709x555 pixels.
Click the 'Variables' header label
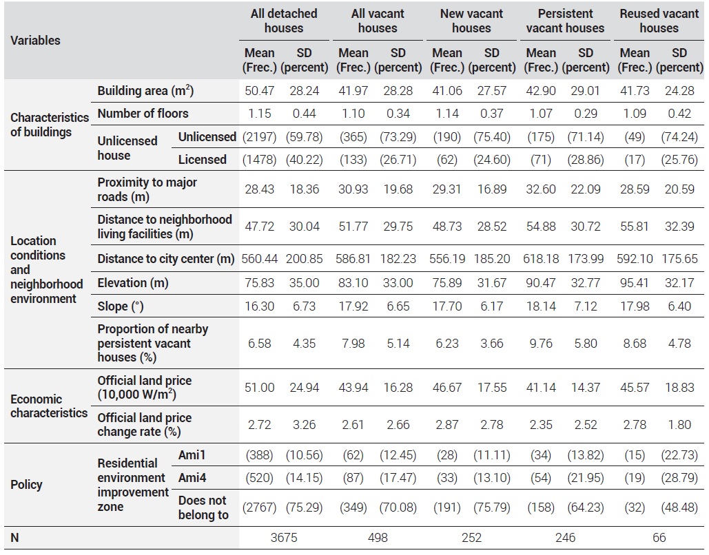(35, 40)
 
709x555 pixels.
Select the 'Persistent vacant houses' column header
(565, 21)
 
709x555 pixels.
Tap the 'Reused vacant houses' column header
(659, 21)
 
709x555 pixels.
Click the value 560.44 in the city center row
(260, 259)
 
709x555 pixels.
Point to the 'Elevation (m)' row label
(133, 283)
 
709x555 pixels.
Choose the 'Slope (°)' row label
(121, 306)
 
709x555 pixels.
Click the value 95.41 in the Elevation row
(635, 283)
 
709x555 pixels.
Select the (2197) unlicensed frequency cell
(260, 137)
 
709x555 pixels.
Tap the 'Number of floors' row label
(143, 114)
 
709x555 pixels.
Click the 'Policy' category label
(26, 485)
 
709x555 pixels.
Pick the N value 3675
(284, 538)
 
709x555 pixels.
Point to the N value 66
(659, 538)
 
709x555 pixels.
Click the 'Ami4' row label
(192, 478)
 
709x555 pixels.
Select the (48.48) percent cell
(679, 507)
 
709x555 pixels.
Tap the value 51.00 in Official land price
(260, 388)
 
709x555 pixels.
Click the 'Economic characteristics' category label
(49, 406)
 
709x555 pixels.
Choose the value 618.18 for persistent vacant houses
(541, 259)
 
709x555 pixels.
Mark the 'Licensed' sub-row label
(202, 160)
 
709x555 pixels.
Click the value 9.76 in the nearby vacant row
(541, 344)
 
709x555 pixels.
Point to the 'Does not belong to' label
(203, 507)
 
